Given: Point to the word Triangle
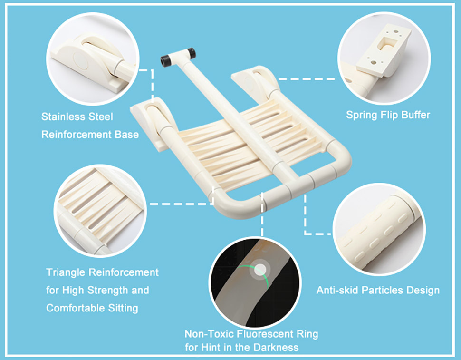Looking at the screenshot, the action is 66,272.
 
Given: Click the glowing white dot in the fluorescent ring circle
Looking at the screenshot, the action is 260,270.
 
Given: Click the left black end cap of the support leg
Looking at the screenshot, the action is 165,61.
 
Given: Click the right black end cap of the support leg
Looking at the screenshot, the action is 192,53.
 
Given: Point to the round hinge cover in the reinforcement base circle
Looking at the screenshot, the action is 80,61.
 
